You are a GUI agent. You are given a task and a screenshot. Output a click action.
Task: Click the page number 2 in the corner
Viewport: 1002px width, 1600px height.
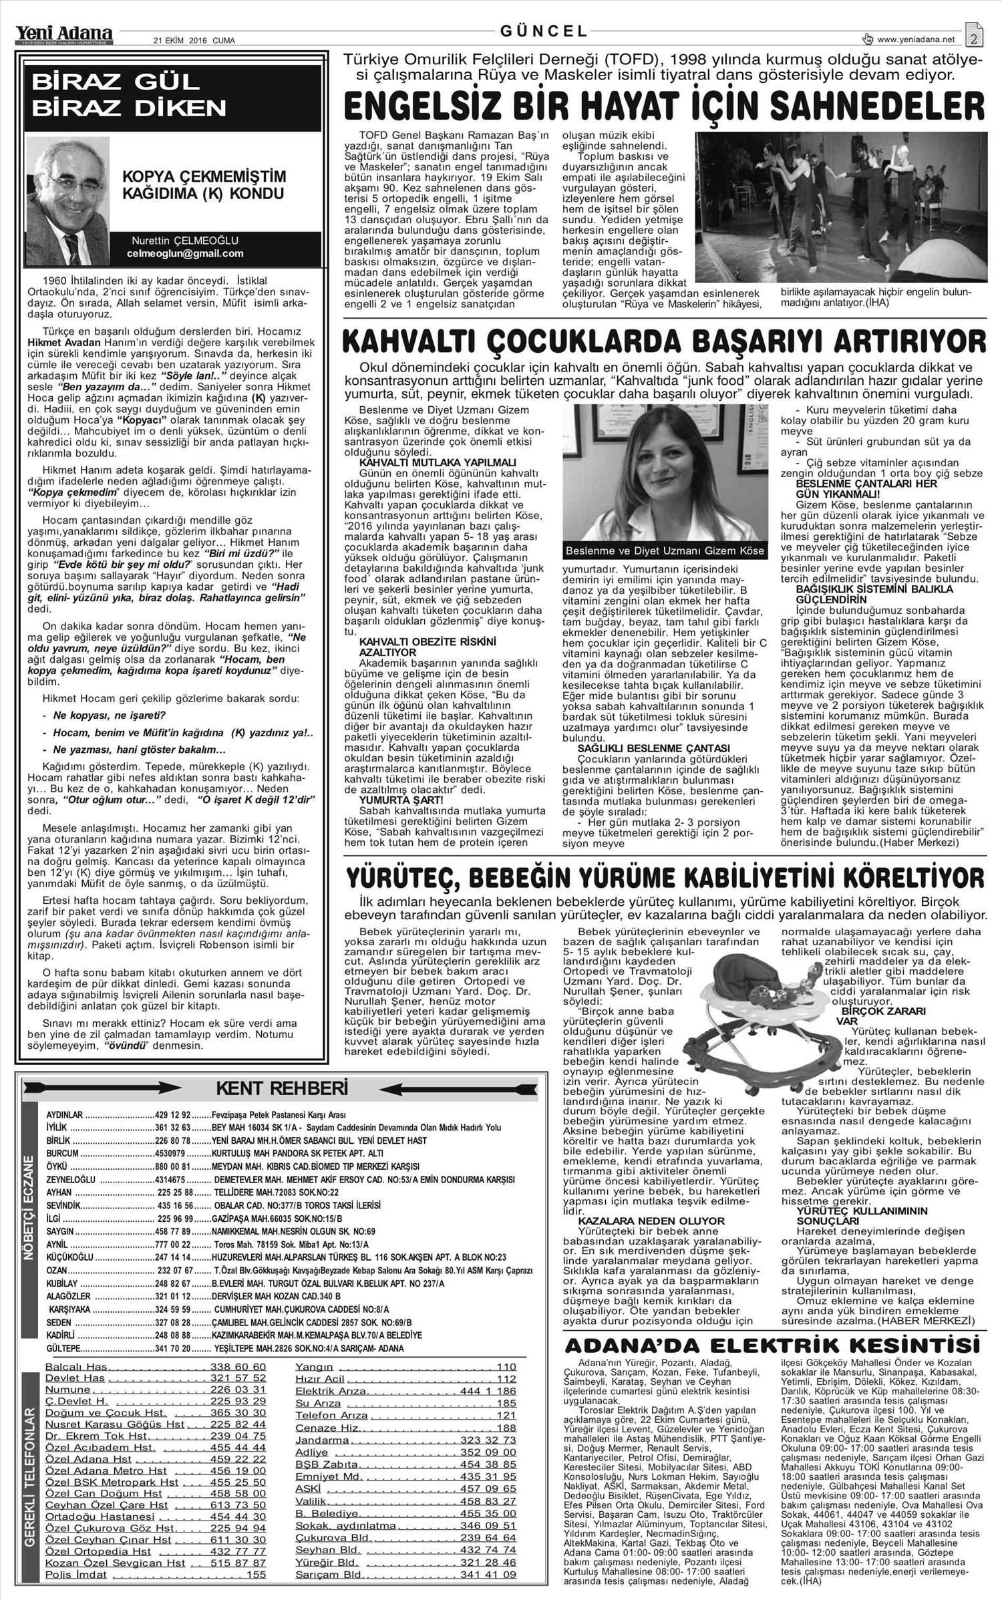(x=974, y=37)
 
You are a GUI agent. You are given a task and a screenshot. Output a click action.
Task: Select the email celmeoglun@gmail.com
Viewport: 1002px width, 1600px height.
(x=185, y=254)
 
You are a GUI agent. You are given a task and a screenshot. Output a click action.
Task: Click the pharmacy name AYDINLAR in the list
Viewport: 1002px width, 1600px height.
(x=65, y=1115)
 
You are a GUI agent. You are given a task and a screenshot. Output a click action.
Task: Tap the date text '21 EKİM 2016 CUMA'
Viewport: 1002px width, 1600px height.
(x=194, y=40)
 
